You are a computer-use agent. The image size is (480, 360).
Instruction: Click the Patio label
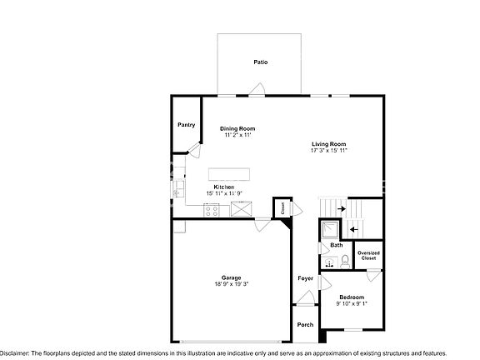pyautogui.click(x=261, y=62)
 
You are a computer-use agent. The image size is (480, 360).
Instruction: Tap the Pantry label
pyautogui.click(x=187, y=125)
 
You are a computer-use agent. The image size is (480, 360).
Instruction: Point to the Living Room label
pyautogui.click(x=328, y=143)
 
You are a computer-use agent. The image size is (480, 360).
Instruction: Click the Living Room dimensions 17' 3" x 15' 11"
pyautogui.click(x=328, y=151)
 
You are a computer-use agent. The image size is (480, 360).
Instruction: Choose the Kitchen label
pyautogui.click(x=224, y=187)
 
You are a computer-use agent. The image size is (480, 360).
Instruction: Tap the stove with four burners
pyautogui.click(x=212, y=210)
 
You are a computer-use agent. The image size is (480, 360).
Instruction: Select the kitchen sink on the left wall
pyautogui.click(x=177, y=192)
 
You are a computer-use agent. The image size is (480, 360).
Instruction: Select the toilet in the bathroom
pyautogui.click(x=345, y=261)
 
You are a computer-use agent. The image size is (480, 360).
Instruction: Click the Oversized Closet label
pyautogui.click(x=368, y=255)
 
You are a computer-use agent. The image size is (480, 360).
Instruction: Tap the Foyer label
pyautogui.click(x=306, y=277)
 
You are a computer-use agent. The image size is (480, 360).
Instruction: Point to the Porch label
pyautogui.click(x=306, y=325)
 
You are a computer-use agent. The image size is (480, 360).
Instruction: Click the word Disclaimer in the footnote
pyautogui.click(x=16, y=353)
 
